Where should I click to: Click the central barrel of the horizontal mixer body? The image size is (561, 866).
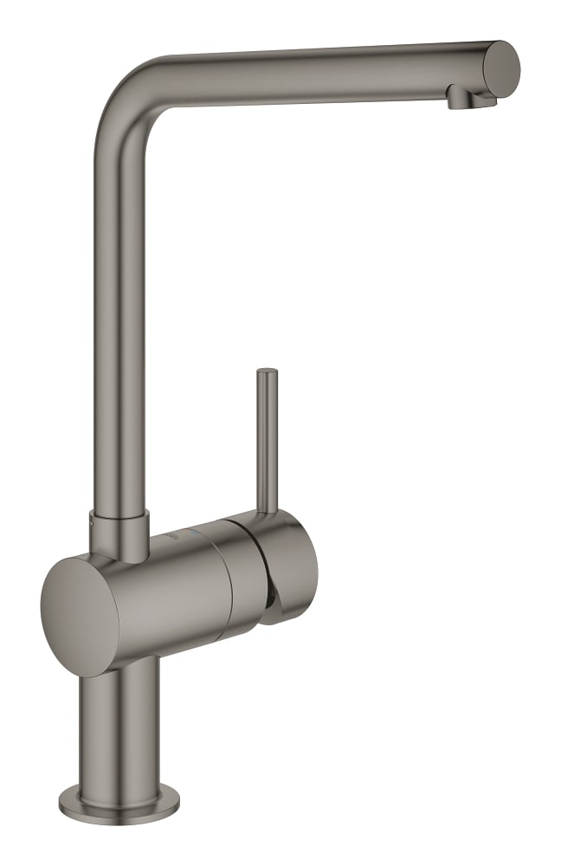[173, 589]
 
